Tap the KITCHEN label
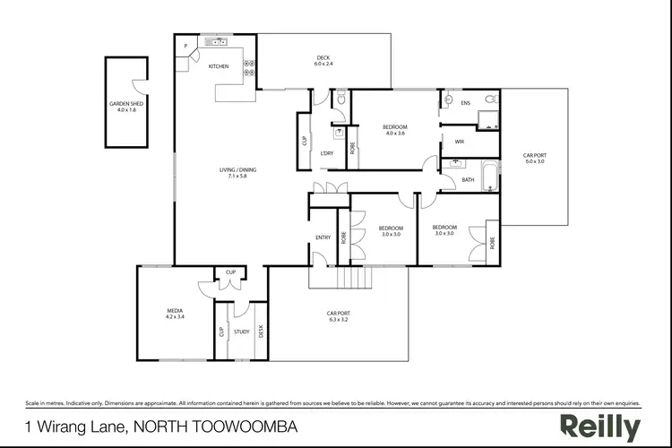pos(219,66)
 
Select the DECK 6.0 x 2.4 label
pos(323,61)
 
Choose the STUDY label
pos(241,332)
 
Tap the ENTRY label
pos(323,237)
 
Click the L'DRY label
pos(327,153)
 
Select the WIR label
pos(459,142)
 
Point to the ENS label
pos(465,103)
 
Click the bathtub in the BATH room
pos(489,176)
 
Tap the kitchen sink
pos(217,41)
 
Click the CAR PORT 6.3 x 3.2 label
pos(339,315)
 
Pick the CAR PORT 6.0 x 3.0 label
pos(535,159)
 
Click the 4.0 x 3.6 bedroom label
pos(395,130)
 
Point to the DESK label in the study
pos(261,331)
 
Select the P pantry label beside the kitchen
pos(185,46)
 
